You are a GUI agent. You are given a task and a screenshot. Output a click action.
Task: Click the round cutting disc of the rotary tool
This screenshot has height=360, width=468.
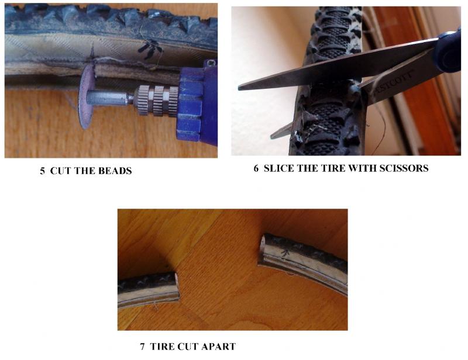coord(86,97)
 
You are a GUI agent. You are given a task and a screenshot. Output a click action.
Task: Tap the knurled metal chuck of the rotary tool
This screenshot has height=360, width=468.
coord(156,101)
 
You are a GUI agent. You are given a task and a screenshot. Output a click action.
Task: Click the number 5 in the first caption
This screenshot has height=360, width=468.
coord(43,171)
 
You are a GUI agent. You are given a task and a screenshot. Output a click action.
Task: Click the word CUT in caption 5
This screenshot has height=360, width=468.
coord(61,171)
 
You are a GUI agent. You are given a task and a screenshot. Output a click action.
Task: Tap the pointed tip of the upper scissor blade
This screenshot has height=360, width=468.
coord(239,88)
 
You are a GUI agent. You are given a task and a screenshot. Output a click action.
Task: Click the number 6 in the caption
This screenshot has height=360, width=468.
coord(256,168)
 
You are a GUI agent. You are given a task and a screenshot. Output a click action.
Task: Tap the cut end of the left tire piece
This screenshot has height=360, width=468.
coord(176,287)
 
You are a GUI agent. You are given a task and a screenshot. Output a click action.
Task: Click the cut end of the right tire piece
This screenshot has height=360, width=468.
coord(261,249)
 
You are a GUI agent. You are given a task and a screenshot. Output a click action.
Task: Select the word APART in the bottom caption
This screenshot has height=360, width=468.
coord(218,347)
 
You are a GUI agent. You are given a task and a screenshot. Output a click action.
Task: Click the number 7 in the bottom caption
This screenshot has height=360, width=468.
coord(142,347)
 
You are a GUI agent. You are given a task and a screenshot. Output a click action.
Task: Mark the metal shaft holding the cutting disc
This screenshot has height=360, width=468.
coord(111,98)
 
